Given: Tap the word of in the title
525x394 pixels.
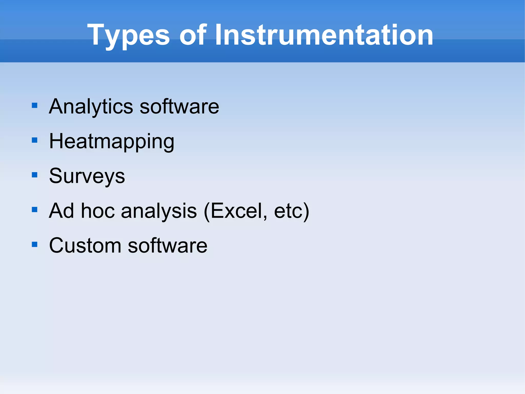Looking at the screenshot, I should [x=193, y=35].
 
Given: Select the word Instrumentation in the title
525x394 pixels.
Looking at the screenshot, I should [x=324, y=35].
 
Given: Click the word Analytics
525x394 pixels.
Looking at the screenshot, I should [x=91, y=107].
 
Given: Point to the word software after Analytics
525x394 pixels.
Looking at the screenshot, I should [x=179, y=107].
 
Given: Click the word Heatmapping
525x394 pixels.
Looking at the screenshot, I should [x=112, y=141].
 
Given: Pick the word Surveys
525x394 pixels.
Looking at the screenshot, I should [x=87, y=176].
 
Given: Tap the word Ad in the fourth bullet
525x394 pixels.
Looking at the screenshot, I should [x=62, y=211].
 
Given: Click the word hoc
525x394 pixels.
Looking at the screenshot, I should [x=98, y=211].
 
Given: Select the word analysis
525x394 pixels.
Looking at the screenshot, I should [x=159, y=211].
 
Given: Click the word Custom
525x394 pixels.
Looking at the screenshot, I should [x=85, y=246].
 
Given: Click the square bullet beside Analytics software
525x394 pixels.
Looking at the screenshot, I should [x=35, y=105].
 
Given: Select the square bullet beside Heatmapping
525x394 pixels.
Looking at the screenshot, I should [x=35, y=140].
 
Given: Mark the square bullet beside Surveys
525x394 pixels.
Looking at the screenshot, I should [x=35, y=175].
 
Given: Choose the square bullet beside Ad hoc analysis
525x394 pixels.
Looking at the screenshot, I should [x=35, y=210].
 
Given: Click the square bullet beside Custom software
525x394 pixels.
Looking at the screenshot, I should [x=35, y=244].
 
